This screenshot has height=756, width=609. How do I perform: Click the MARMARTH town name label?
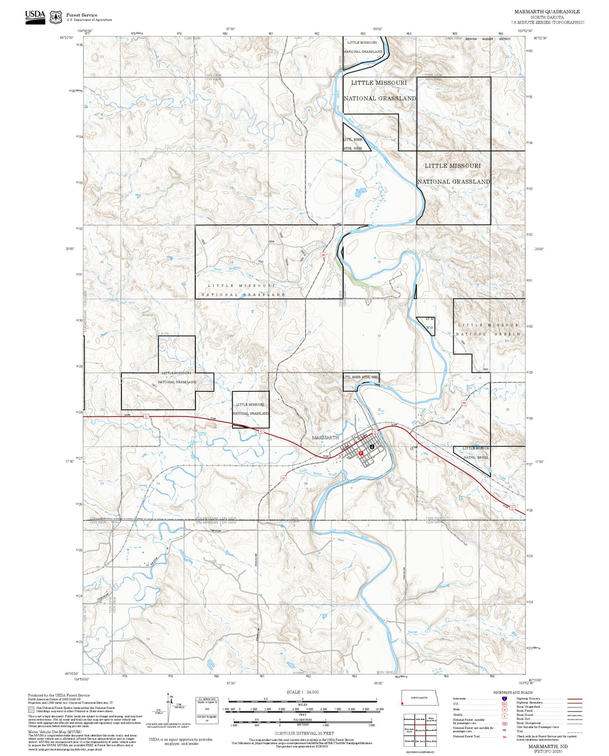325,437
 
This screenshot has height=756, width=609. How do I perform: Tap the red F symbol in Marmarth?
361,453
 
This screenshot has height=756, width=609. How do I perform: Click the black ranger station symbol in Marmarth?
372,446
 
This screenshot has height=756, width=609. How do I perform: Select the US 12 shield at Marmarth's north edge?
374,432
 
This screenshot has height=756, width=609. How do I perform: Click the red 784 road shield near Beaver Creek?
464,403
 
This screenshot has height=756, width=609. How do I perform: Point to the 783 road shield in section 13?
323,255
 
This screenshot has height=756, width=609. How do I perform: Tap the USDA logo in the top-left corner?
35,17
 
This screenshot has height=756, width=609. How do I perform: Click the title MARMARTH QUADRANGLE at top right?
547,12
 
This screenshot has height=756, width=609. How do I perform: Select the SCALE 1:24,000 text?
303,692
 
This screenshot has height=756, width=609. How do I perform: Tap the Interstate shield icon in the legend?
504,698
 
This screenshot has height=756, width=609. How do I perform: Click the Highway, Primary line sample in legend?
574,699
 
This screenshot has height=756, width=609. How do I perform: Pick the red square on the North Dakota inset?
402,703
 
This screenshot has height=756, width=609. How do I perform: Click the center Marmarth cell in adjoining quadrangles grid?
419,730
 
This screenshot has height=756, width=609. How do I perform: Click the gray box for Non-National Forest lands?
32,709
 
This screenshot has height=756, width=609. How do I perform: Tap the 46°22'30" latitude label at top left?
67,38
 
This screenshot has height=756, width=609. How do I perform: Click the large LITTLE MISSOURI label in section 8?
452,166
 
